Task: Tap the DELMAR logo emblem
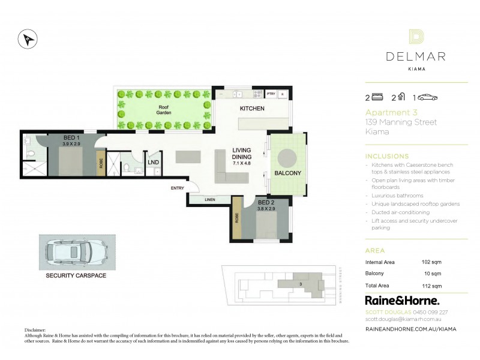[x=416, y=37]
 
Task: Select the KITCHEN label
[x=252, y=109]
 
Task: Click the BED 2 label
[x=266, y=203]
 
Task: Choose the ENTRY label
[x=178, y=188]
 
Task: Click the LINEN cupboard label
[x=209, y=200]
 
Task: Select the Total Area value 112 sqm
[x=432, y=286]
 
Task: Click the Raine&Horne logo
[x=402, y=300]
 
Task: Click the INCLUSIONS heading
[x=386, y=156]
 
